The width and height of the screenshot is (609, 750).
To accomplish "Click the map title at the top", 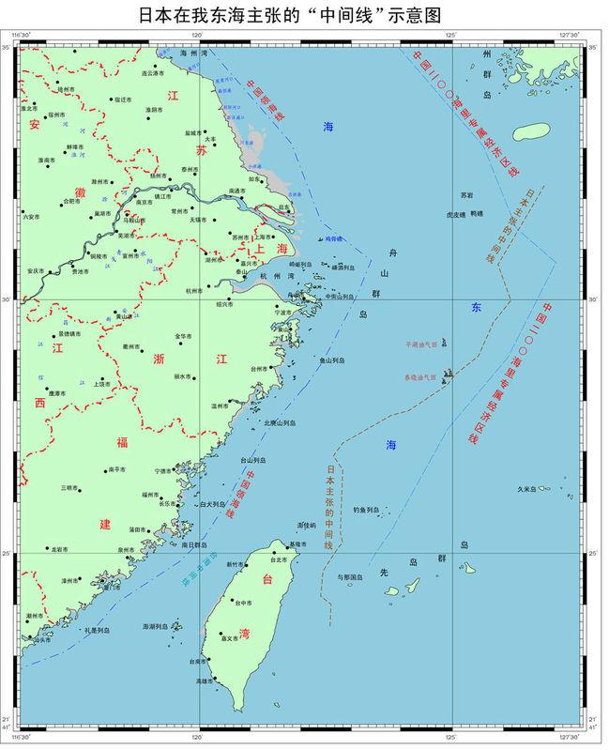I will (x=303, y=13).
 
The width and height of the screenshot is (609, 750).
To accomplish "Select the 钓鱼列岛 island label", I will (x=365, y=510).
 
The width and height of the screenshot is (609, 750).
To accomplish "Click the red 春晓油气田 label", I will (x=419, y=376).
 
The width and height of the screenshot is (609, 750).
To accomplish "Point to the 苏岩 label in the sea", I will (x=467, y=194).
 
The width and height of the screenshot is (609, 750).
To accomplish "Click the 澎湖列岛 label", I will (x=155, y=625).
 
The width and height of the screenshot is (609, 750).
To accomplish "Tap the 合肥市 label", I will (x=71, y=200).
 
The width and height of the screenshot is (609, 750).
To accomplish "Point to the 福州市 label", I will (x=153, y=494).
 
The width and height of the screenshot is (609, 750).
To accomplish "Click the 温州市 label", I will (x=221, y=405).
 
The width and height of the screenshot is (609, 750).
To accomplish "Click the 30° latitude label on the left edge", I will (x=8, y=300).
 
